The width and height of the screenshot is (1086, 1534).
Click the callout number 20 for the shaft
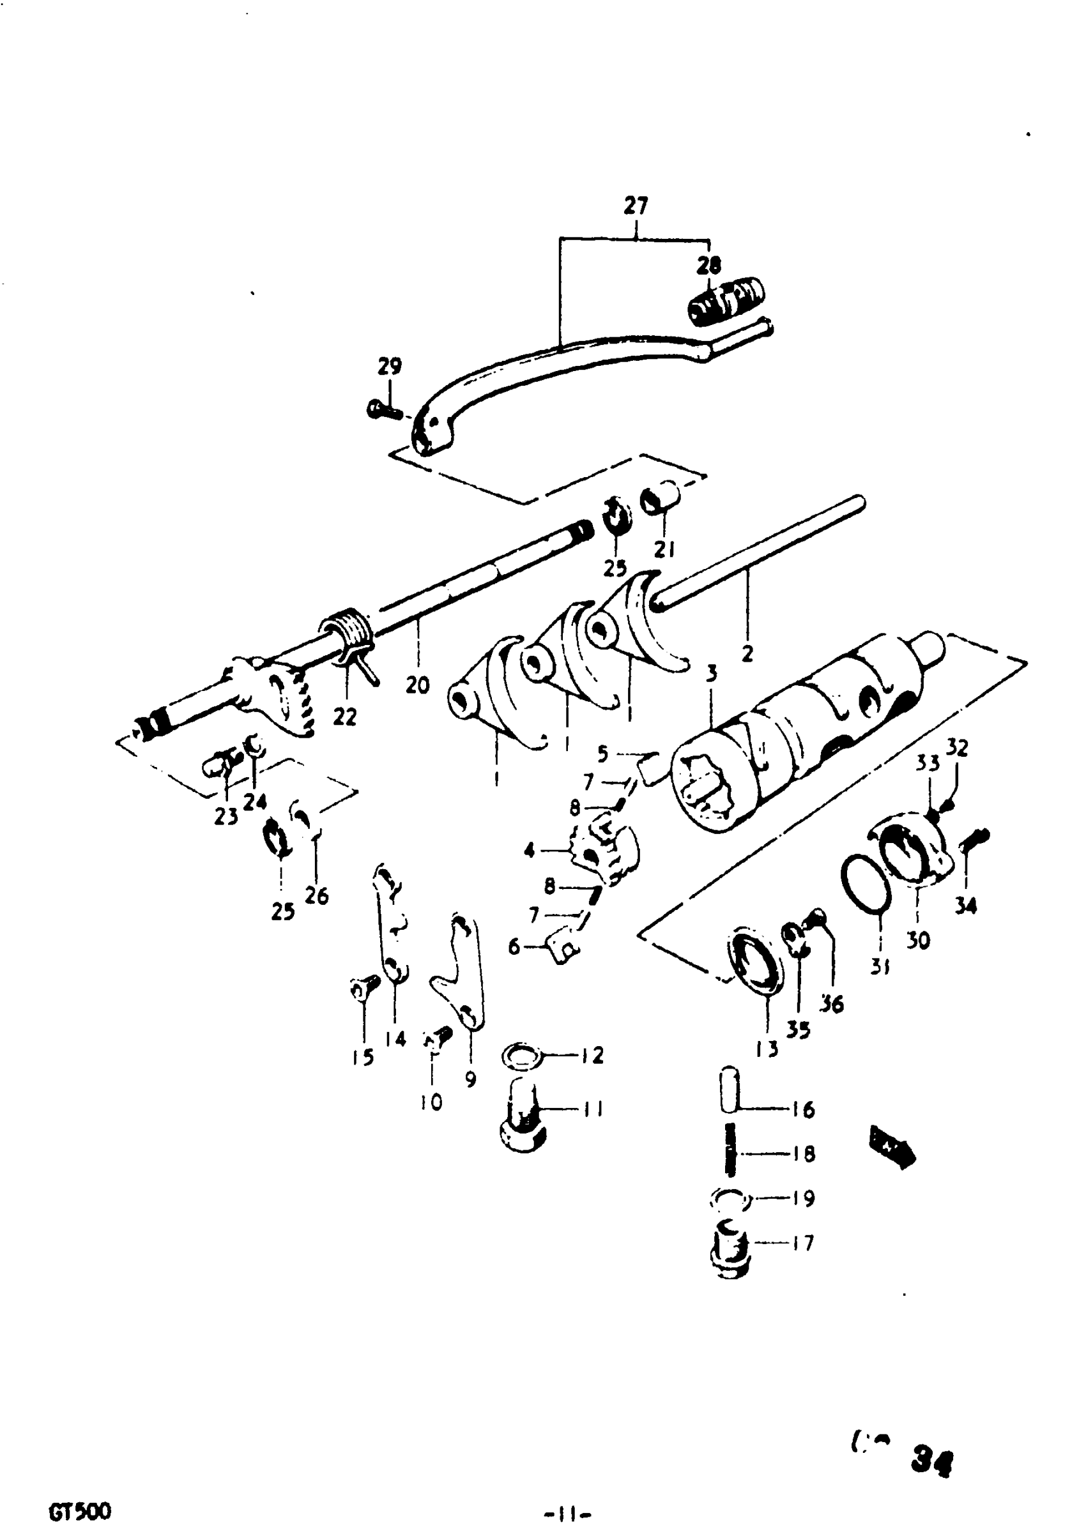[417, 685]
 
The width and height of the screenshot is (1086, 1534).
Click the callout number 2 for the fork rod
[747, 653]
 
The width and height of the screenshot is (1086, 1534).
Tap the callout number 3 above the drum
[712, 674]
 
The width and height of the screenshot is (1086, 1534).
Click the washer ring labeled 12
[523, 1057]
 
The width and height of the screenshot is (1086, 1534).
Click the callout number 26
[316, 895]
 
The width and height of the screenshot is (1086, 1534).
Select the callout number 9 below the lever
[471, 1079]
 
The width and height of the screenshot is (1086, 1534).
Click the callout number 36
[833, 1003]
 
